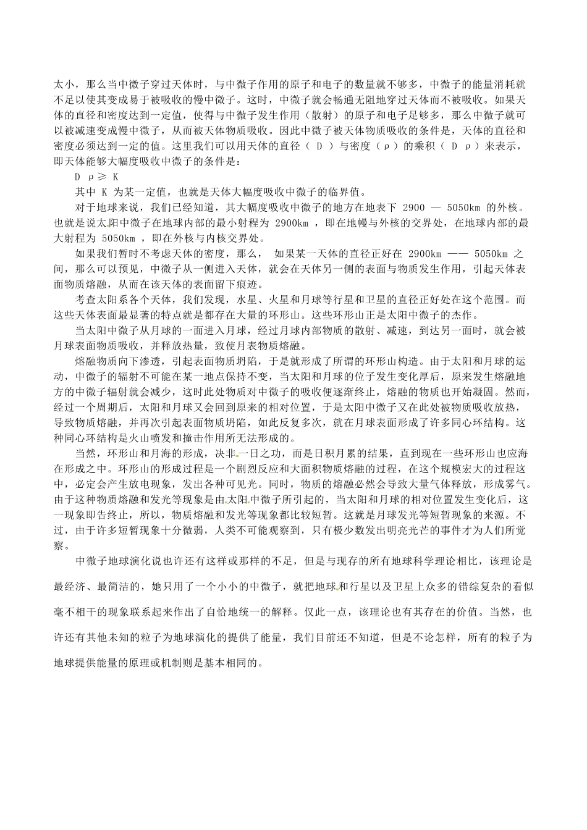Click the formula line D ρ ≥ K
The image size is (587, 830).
pyautogui.click(x=96, y=176)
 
